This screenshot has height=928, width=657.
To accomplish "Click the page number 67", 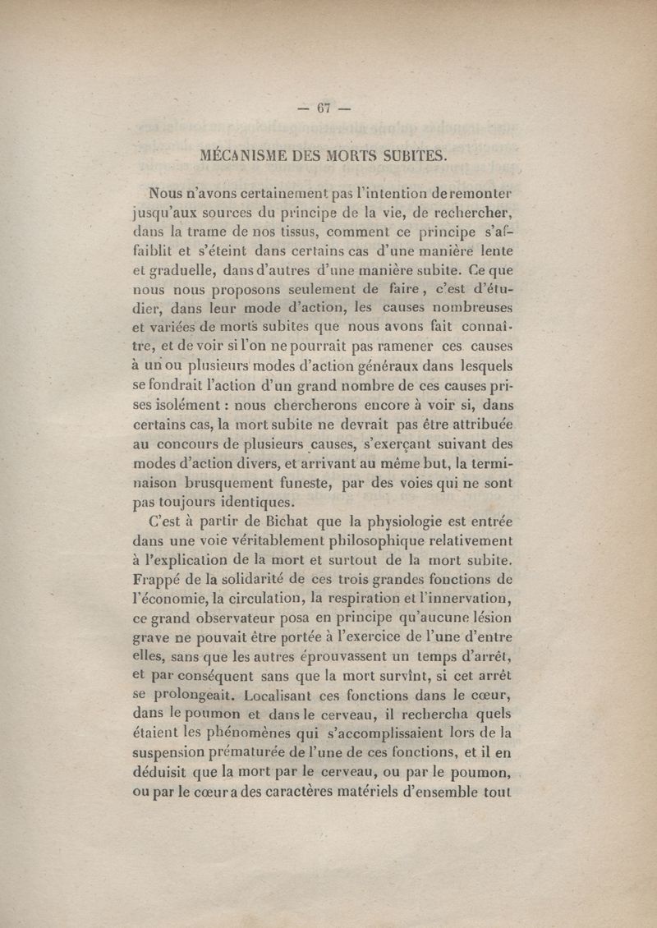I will click(328, 109).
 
